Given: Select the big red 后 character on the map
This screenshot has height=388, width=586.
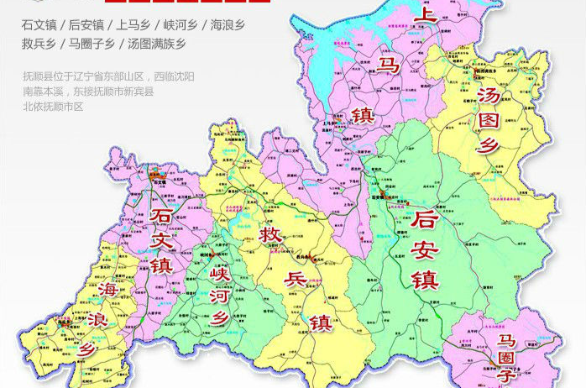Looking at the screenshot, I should [x=426, y=220].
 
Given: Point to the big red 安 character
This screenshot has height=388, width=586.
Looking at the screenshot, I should [x=426, y=249].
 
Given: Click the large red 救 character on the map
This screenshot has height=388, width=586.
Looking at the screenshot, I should [x=270, y=233].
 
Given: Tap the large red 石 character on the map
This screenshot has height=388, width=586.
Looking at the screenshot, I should [x=159, y=217].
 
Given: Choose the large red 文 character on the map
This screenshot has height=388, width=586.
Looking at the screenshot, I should [x=161, y=241].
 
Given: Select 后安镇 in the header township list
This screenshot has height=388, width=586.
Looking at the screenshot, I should [x=88, y=26].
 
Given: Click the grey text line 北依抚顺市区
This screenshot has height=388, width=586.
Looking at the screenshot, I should [x=53, y=107].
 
